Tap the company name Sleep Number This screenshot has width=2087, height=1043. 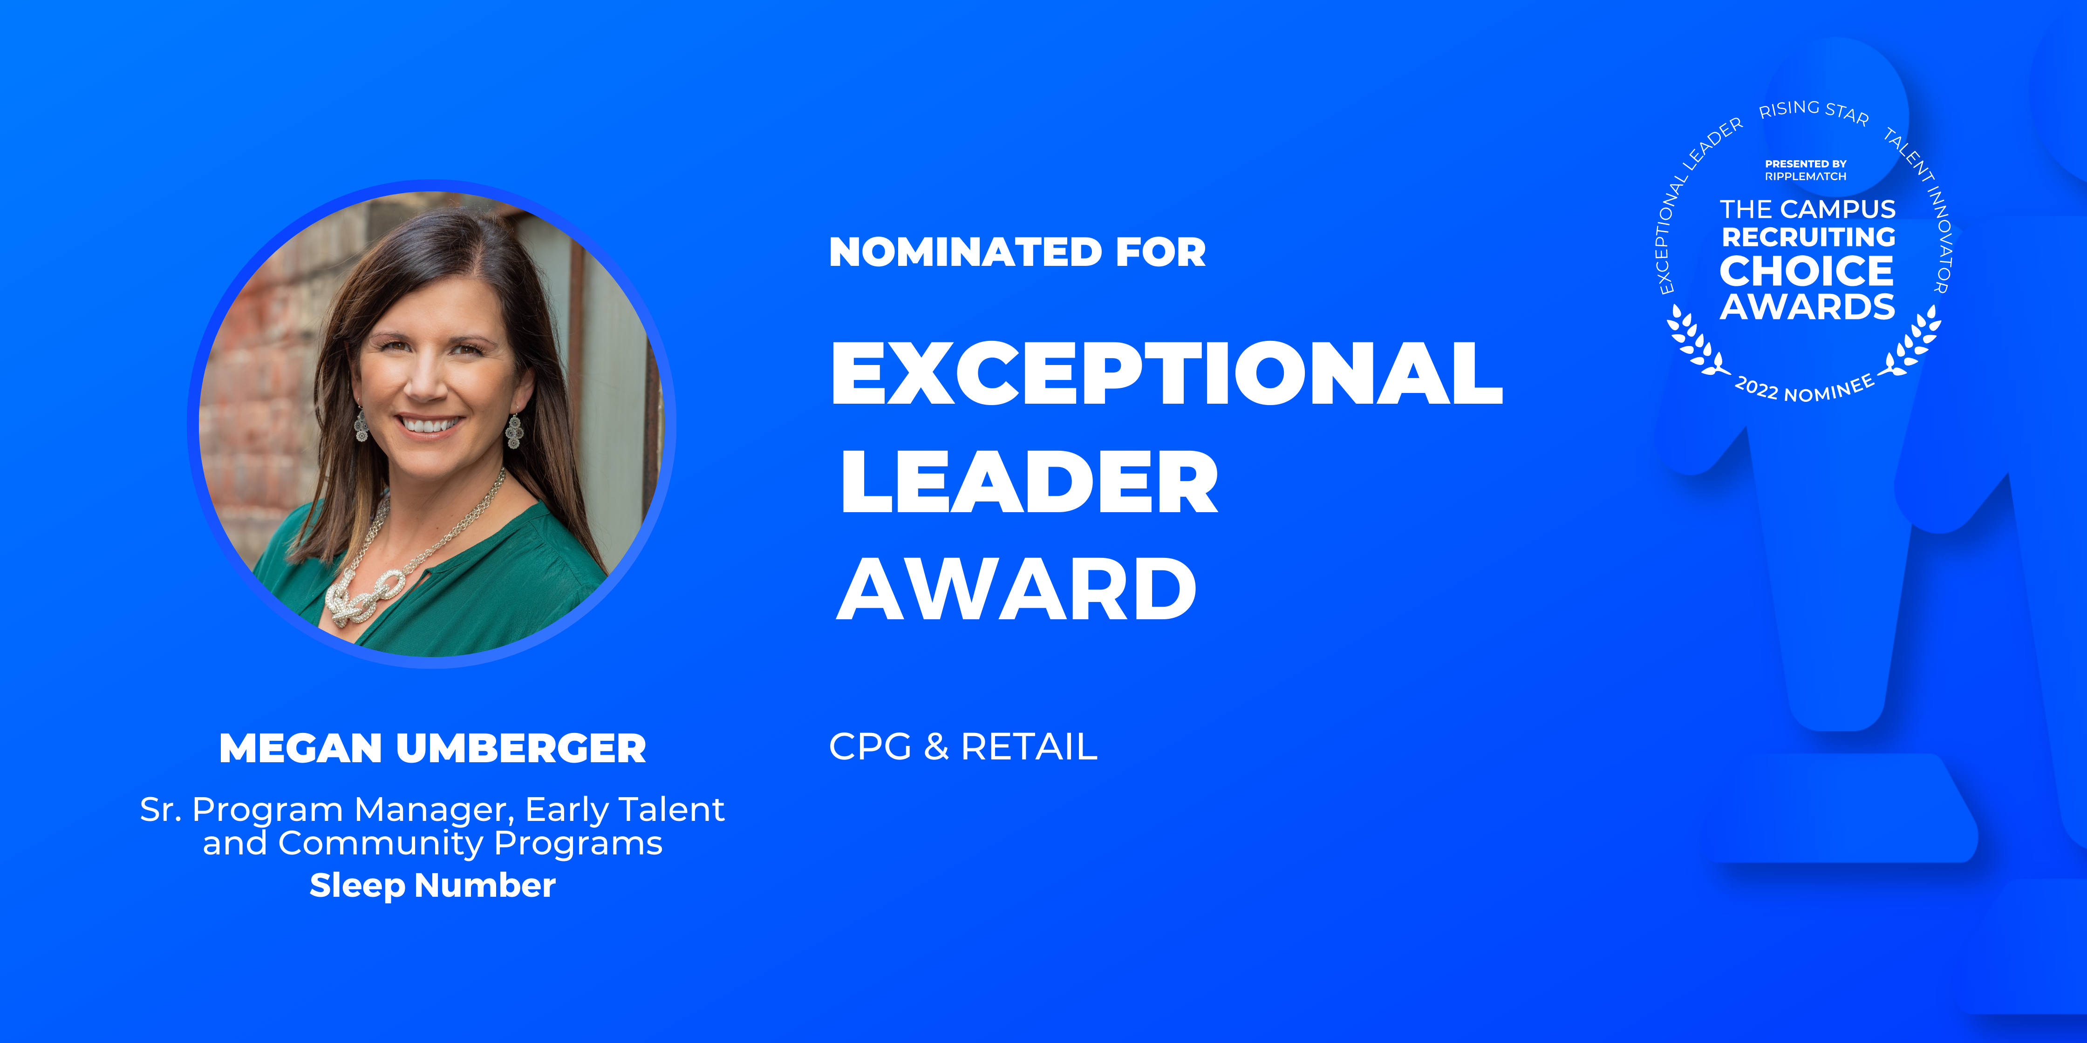[x=433, y=885]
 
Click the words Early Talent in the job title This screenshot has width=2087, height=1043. [x=625, y=809]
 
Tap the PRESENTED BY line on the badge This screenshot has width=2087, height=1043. [x=1806, y=163]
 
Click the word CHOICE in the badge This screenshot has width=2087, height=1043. [x=1807, y=271]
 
